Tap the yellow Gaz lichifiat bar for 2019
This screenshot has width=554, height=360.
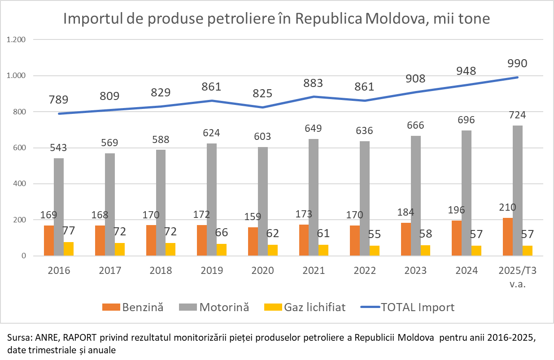coord(222,250)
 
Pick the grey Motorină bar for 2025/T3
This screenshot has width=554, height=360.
coord(517,191)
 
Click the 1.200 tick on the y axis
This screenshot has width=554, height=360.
coord(17,39)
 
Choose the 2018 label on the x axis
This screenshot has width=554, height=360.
coord(160,271)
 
